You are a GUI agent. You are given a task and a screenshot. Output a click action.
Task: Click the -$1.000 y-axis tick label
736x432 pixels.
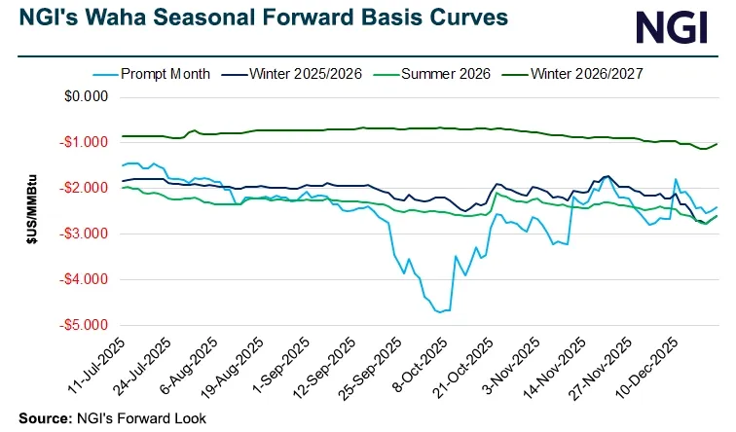[82, 143]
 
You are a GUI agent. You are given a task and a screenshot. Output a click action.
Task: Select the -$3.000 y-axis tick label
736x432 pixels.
[82, 234]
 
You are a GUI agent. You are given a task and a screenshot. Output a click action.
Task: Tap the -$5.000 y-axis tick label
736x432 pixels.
[82, 325]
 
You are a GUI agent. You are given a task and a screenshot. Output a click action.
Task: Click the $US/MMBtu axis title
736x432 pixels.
[33, 212]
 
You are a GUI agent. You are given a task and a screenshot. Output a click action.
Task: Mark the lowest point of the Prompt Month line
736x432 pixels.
[440, 312]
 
